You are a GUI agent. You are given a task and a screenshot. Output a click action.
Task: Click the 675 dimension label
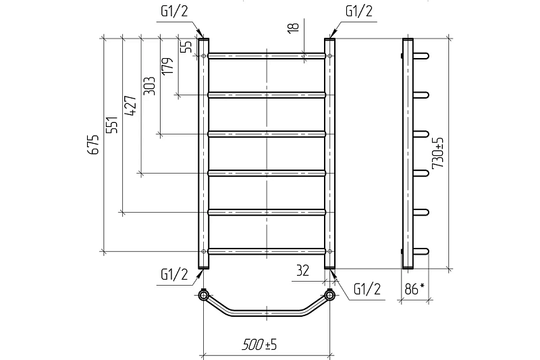click(x=93, y=144)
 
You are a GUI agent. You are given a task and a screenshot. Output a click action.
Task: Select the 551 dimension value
click(x=112, y=125)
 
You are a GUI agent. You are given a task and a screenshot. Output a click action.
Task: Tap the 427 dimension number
click(x=130, y=105)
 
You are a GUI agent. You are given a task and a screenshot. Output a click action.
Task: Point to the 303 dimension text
click(x=149, y=86)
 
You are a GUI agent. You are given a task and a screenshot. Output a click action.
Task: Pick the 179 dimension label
click(x=167, y=66)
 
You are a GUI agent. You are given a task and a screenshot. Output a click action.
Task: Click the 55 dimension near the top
click(x=187, y=47)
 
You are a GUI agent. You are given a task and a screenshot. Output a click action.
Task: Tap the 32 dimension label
click(x=302, y=271)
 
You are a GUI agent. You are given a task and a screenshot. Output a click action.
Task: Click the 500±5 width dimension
click(x=259, y=344)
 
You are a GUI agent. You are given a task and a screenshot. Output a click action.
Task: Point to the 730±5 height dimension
click(x=438, y=153)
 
